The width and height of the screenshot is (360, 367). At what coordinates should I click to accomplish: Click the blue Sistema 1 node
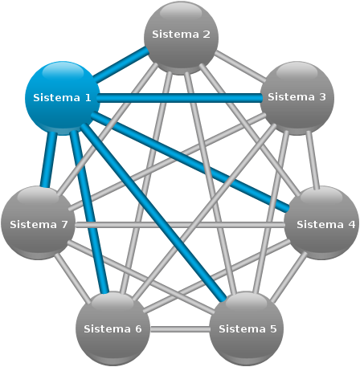(62, 98)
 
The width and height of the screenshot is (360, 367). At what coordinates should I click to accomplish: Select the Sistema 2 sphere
(182, 38)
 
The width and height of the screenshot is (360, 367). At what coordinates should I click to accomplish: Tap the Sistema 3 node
(297, 98)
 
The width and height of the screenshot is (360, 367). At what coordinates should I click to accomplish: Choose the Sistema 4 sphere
(321, 223)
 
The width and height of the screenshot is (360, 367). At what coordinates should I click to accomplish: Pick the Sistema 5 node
(247, 328)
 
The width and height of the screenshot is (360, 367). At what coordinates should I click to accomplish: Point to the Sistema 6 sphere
(112, 328)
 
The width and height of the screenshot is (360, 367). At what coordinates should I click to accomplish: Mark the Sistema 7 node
(39, 223)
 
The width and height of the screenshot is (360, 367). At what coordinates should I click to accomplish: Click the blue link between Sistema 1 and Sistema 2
(121, 64)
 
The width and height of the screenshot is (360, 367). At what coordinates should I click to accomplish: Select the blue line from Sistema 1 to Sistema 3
(179, 98)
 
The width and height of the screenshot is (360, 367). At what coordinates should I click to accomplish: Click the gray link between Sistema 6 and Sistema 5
(180, 329)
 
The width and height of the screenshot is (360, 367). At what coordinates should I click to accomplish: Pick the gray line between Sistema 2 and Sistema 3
(240, 66)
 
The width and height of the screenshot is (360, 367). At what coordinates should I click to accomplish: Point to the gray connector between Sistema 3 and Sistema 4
(313, 160)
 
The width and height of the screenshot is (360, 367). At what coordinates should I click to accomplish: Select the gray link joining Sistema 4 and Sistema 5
(288, 276)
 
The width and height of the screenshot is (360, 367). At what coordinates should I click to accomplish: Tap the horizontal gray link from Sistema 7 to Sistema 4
(180, 225)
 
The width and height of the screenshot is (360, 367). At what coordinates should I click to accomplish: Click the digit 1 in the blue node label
(88, 98)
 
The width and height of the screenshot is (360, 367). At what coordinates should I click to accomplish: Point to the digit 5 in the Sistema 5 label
(273, 328)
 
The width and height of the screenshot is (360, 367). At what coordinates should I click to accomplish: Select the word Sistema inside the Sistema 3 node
(291, 97)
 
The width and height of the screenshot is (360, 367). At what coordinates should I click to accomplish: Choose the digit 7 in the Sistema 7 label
(64, 224)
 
